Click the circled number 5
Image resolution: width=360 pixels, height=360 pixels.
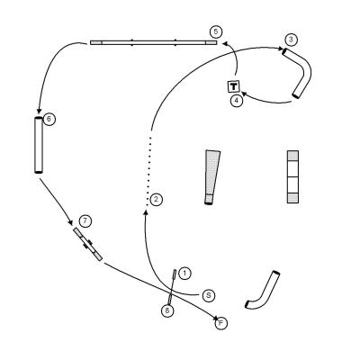pos(216,31)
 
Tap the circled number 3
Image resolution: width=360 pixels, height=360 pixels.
pos(291,40)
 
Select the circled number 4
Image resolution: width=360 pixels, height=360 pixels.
pos(237,101)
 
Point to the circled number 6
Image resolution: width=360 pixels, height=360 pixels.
pos(49,120)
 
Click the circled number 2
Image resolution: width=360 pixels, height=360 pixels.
pos(157,200)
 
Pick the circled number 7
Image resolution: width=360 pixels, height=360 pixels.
pos(85,221)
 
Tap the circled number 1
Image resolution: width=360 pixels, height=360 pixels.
pos(184,274)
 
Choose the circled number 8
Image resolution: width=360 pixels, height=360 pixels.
pos(167,310)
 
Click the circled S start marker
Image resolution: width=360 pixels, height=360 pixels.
pos(209,296)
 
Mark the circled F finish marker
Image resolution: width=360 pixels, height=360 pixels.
pos(221,323)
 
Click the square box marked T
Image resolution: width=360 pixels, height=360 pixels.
pos(234,86)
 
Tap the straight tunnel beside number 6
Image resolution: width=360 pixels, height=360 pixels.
pos(39,145)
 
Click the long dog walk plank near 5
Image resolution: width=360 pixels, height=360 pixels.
pos(153,42)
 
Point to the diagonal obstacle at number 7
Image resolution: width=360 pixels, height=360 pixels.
pos(88,244)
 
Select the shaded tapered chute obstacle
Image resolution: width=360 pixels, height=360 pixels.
pos(212,177)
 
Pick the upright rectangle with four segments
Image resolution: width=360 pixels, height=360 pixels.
pos(292,177)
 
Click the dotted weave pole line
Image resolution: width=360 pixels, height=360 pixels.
pos(148,171)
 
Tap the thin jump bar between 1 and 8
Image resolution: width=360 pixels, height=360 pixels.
pos(172,287)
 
